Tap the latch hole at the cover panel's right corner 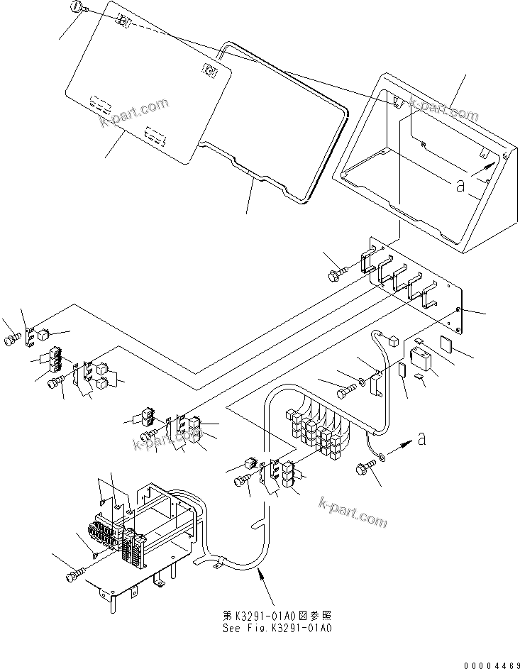click(x=209, y=69)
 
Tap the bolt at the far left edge click(x=11, y=341)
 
